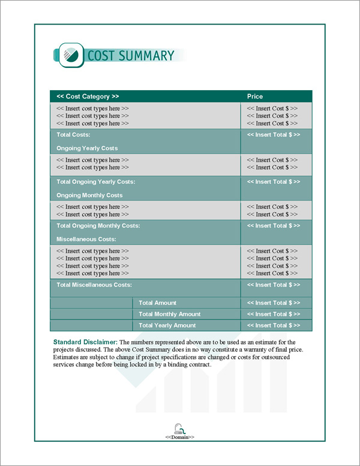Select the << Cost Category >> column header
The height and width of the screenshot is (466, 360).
88,96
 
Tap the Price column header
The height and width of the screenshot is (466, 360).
255,96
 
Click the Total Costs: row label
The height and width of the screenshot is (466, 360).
73,135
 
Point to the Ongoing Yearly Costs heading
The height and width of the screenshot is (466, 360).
87,148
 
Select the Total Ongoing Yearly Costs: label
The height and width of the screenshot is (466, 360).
95,181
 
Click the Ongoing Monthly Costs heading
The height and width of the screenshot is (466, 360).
89,195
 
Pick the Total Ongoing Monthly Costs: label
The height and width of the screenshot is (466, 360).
98,226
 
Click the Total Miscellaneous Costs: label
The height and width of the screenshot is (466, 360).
94,285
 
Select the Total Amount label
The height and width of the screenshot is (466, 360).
157,303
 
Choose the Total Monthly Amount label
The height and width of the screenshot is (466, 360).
169,314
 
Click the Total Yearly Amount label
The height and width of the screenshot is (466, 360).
167,325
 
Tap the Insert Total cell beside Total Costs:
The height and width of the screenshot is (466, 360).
273,135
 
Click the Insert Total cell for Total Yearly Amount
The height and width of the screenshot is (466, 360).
273,325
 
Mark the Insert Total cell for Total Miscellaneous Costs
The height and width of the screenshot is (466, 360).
273,285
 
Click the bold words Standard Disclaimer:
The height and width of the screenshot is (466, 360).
85,342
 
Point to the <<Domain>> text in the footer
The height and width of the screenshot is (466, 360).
179,437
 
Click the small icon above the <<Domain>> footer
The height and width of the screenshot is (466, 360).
179,428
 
